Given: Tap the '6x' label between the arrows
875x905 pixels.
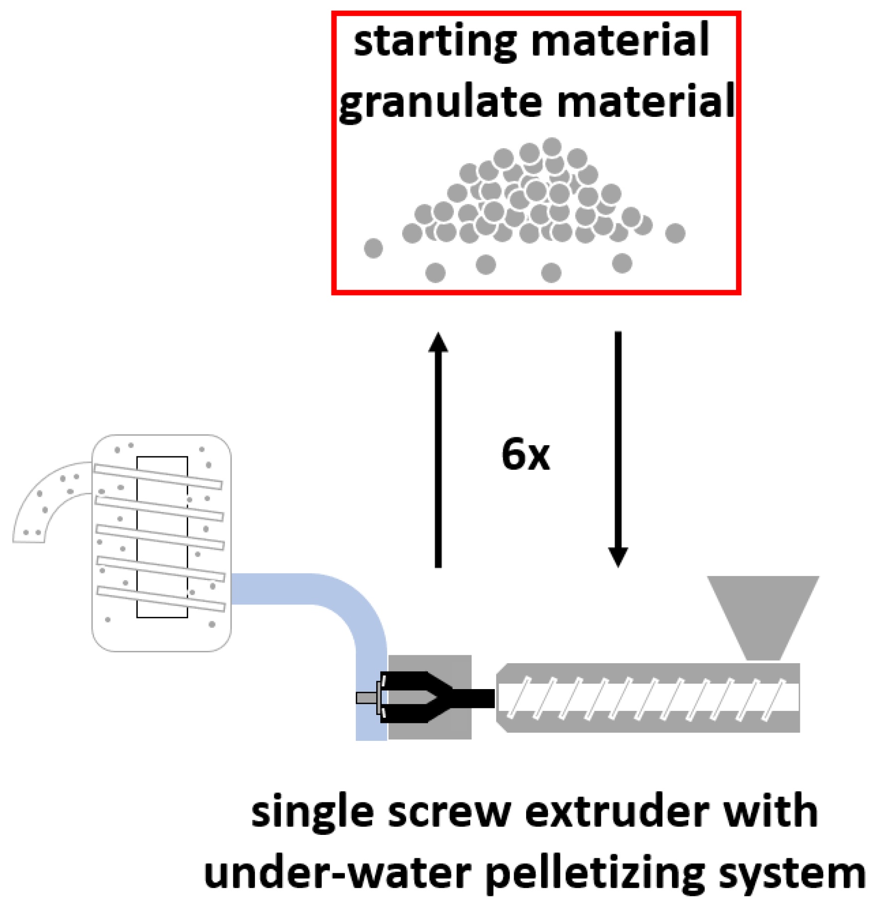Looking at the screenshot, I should point(525,454).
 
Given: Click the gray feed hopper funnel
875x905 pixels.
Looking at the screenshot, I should point(763,614).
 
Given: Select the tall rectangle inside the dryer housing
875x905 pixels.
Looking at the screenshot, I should point(162,537).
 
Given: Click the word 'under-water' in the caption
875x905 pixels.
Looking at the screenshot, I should point(337,874).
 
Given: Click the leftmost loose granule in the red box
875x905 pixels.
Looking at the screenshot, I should point(373,248).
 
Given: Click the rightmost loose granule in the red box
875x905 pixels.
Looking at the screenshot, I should point(675,233).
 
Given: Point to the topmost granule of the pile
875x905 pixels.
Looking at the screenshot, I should point(551,147).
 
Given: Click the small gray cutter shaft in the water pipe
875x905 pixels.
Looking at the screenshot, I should point(367,698).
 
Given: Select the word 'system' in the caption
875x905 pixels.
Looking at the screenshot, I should point(791,875).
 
